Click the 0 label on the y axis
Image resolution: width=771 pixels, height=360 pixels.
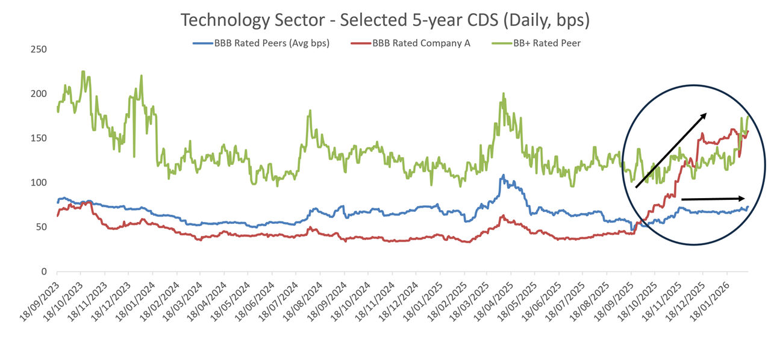coord(44,272)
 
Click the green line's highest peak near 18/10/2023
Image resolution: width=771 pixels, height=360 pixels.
coord(83,72)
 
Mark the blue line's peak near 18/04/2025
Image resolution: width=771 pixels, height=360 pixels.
coord(504,175)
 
